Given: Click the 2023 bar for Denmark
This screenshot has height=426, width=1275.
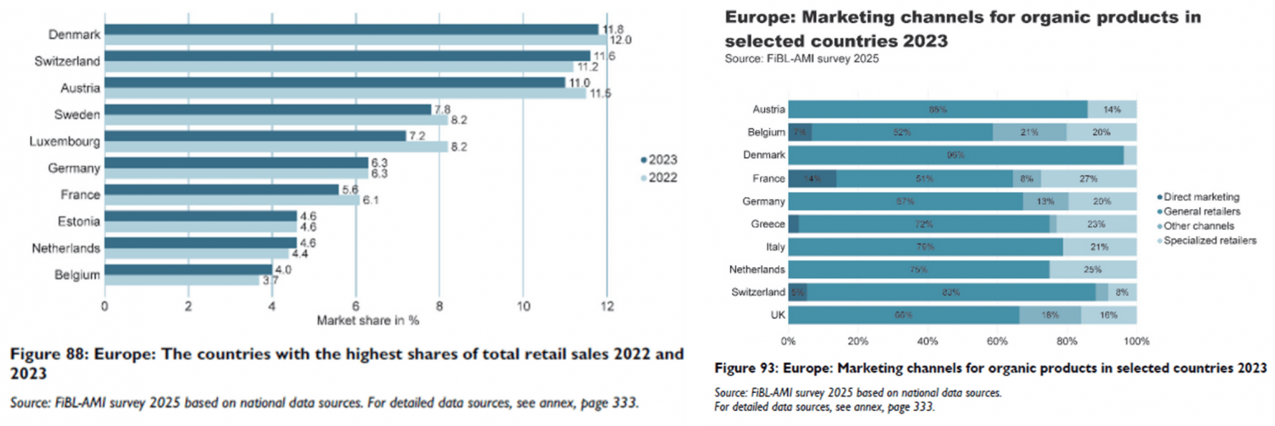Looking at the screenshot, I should tap(352, 30).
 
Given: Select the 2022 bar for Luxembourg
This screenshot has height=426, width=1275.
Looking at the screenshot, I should tap(275, 146).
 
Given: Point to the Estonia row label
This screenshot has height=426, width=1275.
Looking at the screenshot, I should tap(78, 221).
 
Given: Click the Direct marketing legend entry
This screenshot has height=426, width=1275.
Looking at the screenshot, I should tap(1201, 197).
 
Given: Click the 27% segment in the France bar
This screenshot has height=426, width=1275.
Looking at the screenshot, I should tap(1089, 179).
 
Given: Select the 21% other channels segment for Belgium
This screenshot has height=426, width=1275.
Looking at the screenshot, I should tap(1029, 132).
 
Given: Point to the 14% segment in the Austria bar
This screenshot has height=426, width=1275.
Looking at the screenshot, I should tap(1112, 109).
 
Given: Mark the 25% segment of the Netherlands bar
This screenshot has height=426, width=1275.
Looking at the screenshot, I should tap(1092, 270).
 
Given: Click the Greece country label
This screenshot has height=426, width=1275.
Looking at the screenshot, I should tap(767, 224).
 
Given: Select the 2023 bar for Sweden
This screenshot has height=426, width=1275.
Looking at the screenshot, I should tap(268, 110).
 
